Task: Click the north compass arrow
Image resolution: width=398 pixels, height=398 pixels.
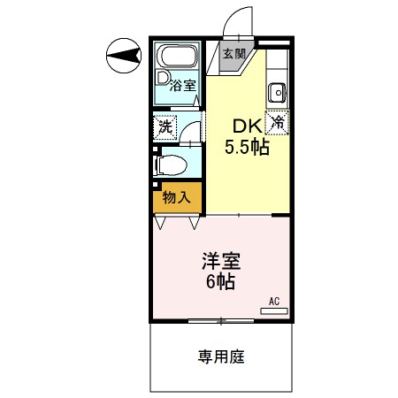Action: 123,57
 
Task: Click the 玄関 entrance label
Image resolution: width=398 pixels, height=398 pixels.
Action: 233,53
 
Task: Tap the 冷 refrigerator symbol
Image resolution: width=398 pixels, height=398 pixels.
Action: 278,122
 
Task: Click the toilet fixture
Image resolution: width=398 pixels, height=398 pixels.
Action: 172,164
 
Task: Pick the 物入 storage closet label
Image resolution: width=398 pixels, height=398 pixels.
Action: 177,197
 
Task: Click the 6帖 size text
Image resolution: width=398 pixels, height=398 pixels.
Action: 221,284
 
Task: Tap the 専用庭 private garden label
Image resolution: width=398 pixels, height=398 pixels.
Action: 221,358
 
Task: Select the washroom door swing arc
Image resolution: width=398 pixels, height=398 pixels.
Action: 193,133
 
